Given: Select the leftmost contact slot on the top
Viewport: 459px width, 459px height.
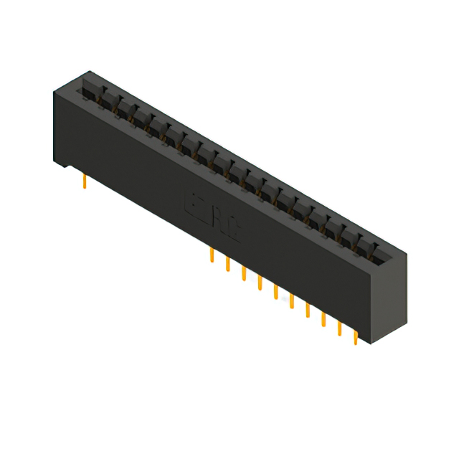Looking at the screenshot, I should point(90,90).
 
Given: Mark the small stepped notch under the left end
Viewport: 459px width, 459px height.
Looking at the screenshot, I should point(66,167).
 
